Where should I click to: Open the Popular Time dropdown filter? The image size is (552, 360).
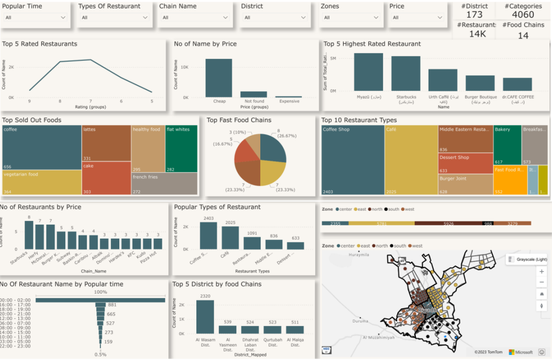tap(35, 17)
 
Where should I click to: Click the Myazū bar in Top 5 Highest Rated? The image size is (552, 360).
tap(369, 72)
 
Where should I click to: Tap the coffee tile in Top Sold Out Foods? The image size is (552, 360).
tap(42, 147)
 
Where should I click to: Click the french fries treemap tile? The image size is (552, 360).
tap(165, 183)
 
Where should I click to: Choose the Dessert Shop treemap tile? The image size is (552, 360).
tap(466, 163)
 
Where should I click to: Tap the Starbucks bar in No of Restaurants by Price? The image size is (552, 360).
tap(29, 235)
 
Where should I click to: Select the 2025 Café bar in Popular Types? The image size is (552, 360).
tap(230, 237)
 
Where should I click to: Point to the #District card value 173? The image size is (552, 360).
tap(474, 14)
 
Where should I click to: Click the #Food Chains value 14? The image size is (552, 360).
tap(523, 35)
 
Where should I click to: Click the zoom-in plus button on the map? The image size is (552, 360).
tap(542, 271)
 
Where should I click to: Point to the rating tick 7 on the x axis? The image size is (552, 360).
tap(90, 101)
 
